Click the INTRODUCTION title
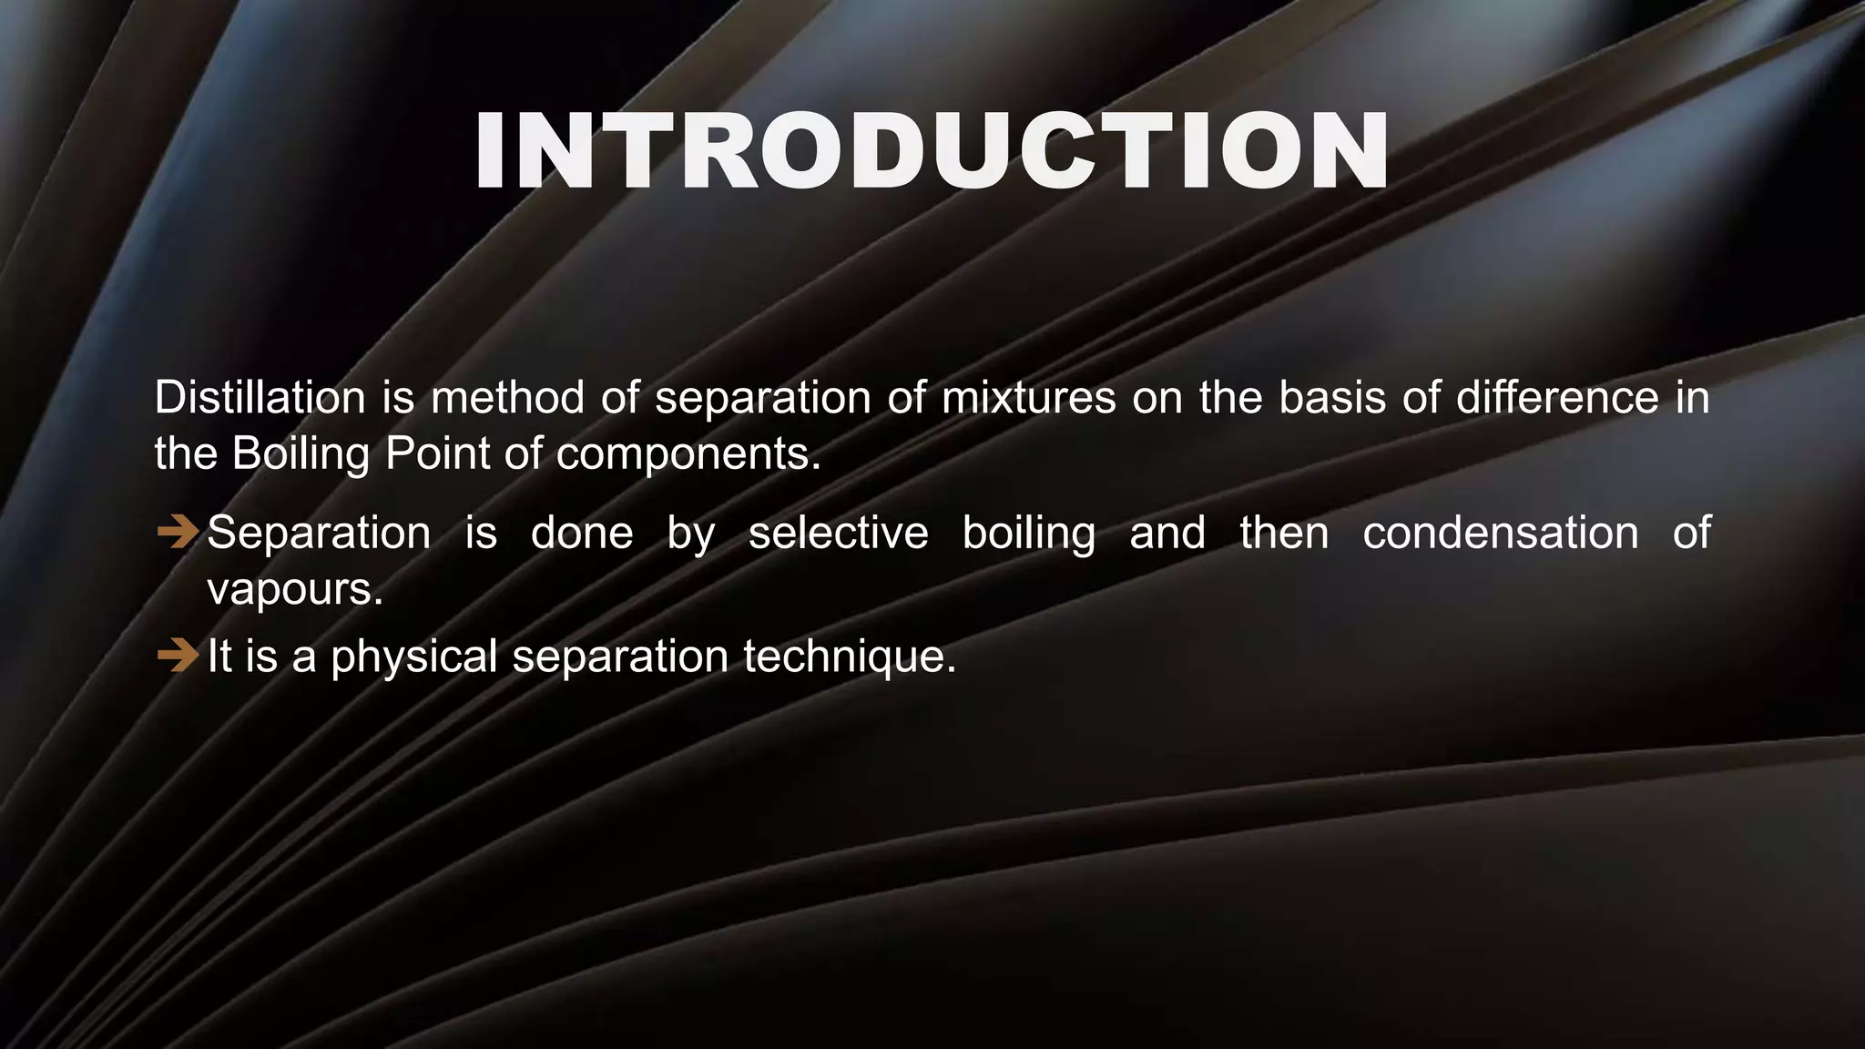tap(931, 152)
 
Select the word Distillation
tap(260, 398)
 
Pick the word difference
tap(1557, 398)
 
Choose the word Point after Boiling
tap(437, 453)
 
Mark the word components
tap(688, 453)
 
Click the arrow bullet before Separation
tap(177, 532)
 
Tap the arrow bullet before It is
tap(177, 655)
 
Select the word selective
tap(838, 533)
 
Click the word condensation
tap(1500, 533)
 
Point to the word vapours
tap(295, 589)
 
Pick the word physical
tap(413, 656)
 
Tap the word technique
tap(850, 656)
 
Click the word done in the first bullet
tap(582, 533)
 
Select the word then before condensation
tap(1284, 533)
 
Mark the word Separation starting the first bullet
tap(319, 533)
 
